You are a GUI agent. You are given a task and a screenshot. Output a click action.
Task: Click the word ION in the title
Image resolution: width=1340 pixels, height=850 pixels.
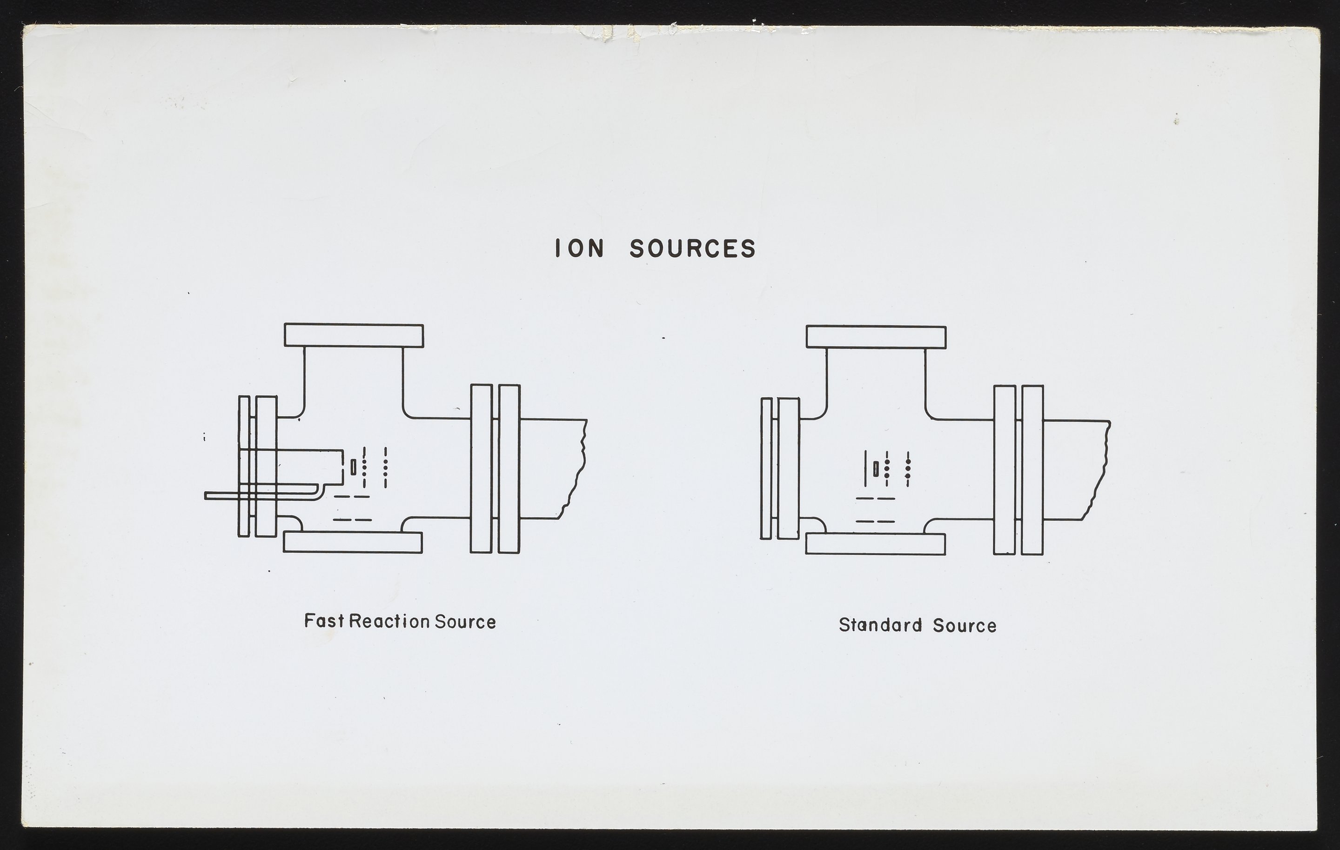click(x=580, y=248)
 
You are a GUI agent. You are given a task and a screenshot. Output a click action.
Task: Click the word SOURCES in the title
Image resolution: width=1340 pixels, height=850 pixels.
click(x=693, y=248)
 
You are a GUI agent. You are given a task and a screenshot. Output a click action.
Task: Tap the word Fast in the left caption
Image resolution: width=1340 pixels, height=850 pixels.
click(x=324, y=622)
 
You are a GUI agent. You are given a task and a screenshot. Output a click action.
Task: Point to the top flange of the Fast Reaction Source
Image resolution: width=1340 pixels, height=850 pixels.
click(x=354, y=336)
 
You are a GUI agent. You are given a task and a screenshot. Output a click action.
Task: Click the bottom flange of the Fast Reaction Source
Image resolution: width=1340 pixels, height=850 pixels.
click(x=353, y=542)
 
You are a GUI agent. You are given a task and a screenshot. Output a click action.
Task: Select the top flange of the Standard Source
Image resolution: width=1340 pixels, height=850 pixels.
click(x=876, y=338)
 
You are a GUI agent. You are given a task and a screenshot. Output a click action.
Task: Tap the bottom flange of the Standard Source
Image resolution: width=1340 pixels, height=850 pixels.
click(x=875, y=544)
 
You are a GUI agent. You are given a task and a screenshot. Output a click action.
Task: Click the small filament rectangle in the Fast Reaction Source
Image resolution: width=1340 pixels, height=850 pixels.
click(x=353, y=467)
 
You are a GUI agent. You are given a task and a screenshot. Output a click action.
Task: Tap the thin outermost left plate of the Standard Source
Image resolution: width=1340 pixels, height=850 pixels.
click(x=766, y=469)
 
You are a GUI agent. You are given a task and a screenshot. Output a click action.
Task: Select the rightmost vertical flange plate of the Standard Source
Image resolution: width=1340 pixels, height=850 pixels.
click(x=1032, y=469)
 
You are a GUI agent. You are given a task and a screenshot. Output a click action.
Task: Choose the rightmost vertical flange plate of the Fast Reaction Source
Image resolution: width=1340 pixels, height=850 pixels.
click(x=509, y=469)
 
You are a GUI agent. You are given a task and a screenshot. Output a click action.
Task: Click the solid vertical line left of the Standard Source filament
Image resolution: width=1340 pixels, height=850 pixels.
click(x=866, y=469)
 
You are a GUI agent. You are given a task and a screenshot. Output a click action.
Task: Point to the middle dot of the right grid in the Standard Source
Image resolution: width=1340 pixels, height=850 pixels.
click(x=908, y=469)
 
